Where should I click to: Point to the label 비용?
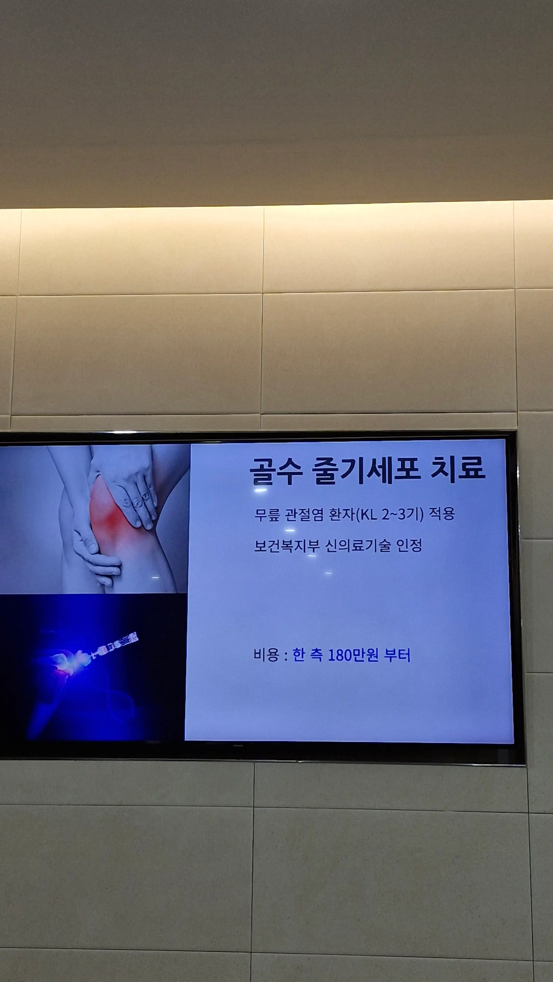click(266, 655)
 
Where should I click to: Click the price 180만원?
click(353, 655)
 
